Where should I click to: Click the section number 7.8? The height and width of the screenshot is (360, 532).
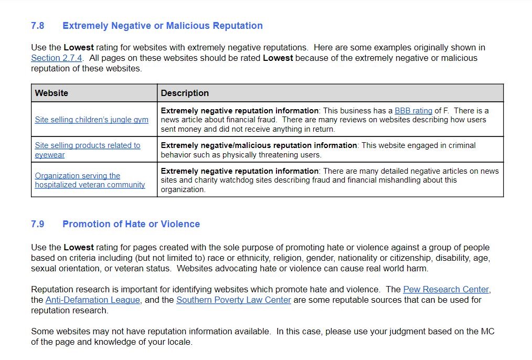(x=38, y=26)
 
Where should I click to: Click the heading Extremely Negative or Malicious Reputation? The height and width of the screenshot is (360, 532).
(x=162, y=26)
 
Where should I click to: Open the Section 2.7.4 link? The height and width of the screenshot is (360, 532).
(x=57, y=58)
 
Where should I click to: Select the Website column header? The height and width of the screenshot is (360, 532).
(x=51, y=93)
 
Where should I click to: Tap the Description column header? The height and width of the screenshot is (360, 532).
(x=185, y=93)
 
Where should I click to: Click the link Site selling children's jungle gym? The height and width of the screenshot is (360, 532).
(x=91, y=120)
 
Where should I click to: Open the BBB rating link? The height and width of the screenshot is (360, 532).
(x=413, y=111)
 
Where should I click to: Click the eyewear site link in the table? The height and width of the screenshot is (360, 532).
(x=87, y=150)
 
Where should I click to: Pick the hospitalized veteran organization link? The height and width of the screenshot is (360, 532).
(x=90, y=180)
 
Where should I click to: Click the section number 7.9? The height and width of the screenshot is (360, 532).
(x=38, y=224)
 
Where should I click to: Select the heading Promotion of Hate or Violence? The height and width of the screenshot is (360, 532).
(x=131, y=224)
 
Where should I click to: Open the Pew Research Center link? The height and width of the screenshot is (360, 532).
(x=446, y=290)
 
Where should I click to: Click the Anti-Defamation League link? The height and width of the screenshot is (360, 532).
(x=93, y=300)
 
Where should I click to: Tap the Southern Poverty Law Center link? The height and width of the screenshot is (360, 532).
(x=233, y=300)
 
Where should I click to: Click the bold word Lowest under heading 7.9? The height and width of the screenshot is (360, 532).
(x=79, y=247)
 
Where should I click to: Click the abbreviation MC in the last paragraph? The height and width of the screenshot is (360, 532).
(x=487, y=332)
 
